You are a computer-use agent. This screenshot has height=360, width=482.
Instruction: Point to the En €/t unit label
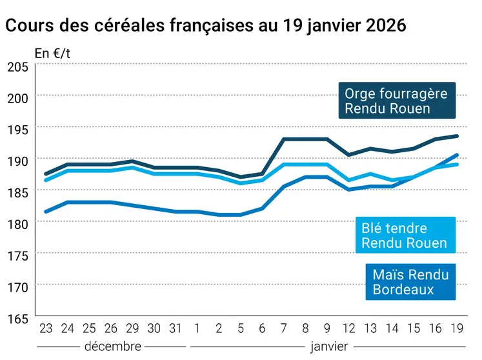(x=52, y=54)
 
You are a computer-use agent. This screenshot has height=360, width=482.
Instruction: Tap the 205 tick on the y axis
(x=17, y=66)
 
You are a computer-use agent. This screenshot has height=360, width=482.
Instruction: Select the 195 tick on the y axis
(x=17, y=130)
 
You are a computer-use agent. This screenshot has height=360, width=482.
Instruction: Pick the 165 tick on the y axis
(x=17, y=318)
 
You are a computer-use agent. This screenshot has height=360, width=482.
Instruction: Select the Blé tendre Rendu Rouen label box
(x=405, y=235)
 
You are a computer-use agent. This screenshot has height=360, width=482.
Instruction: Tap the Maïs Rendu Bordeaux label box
(x=410, y=282)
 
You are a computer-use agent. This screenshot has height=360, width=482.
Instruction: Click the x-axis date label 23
(x=46, y=328)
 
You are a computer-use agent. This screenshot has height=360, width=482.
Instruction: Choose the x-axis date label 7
(x=285, y=328)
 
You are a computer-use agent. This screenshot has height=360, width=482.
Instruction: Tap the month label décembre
(x=112, y=346)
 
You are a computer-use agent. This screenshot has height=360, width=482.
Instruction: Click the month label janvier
(x=329, y=346)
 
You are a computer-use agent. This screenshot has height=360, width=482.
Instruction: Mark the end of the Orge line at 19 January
(x=457, y=136)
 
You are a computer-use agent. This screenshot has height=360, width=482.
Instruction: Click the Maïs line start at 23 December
(x=46, y=212)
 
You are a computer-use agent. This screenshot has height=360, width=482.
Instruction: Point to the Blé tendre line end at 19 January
(x=457, y=165)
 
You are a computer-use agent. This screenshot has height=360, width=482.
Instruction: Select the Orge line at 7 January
(x=285, y=139)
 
